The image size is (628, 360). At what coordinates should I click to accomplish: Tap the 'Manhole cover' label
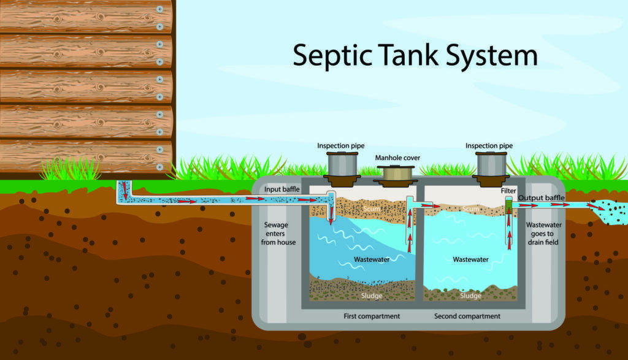pyautogui.click(x=398, y=158)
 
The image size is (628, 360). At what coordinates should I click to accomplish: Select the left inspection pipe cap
pyautogui.click(x=342, y=165)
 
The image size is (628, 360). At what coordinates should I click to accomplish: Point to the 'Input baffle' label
pyautogui.click(x=282, y=190)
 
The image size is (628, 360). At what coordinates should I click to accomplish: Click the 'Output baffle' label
pyautogui.click(x=542, y=197)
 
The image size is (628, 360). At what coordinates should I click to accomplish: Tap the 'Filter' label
pyautogui.click(x=508, y=191)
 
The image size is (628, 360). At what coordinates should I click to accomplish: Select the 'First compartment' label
pyautogui.click(x=372, y=316)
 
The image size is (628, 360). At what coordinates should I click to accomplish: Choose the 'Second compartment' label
pyautogui.click(x=467, y=316)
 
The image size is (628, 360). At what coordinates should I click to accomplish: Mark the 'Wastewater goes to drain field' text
pyautogui.click(x=543, y=234)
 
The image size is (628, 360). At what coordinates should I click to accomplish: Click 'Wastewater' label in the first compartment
pyautogui.click(x=372, y=259)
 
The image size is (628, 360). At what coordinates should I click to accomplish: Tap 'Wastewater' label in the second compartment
pyautogui.click(x=471, y=259)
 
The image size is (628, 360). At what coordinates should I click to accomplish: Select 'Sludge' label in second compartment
pyautogui.click(x=471, y=296)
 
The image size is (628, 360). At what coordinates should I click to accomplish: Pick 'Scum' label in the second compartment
pyautogui.click(x=471, y=209)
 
